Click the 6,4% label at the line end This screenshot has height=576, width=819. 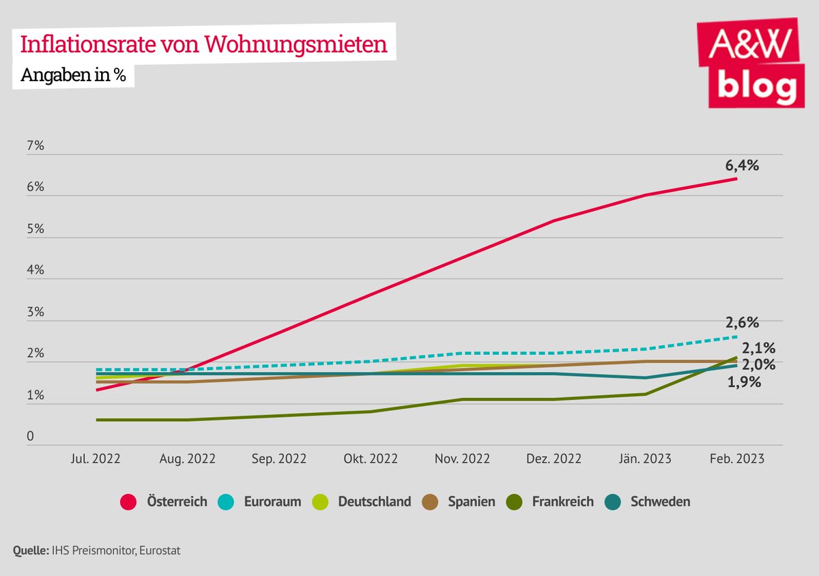pos(741,165)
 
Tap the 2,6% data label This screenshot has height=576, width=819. pos(741,322)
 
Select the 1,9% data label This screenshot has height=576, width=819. pos(744,382)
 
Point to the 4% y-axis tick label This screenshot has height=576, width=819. pos(35,270)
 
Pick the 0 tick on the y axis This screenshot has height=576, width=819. pos(31,437)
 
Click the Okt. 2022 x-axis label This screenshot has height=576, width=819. pos(369,459)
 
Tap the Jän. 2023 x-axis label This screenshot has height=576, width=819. pos(644,459)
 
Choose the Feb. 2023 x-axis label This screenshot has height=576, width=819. pos(736,459)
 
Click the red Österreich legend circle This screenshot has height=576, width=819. pos(128,502)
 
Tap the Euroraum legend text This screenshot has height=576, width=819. pos(272,502)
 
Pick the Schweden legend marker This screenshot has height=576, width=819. pos(612,502)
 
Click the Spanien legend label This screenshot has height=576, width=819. pos(472,502)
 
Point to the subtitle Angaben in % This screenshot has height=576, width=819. pos(73,75)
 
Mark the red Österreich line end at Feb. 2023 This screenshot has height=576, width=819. pos(736,179)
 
